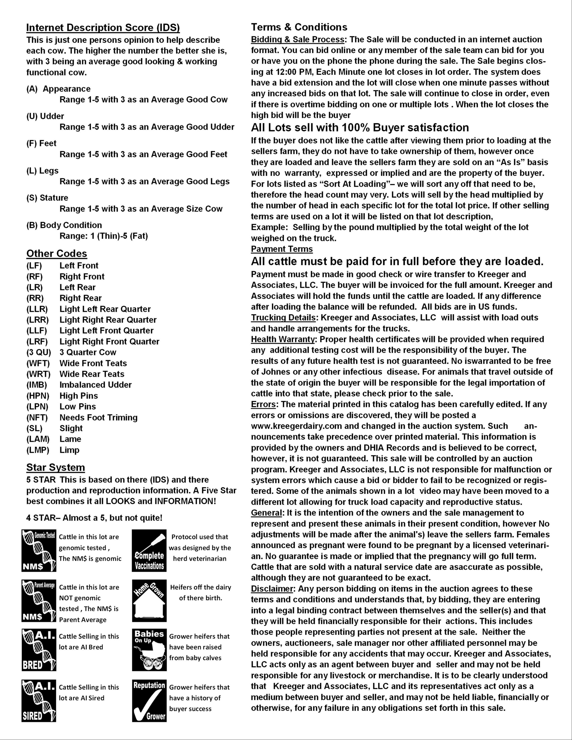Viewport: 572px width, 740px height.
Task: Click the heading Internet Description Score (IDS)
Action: pos(103,27)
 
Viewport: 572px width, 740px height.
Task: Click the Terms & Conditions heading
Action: pos(299,27)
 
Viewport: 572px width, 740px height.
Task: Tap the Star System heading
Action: pos(56,467)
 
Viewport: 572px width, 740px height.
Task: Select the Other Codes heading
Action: pos(57,253)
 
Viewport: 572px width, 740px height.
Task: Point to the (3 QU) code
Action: pos(39,352)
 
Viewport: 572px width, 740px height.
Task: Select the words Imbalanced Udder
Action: pos(96,385)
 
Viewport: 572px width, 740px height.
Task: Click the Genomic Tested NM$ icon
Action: pos(39,551)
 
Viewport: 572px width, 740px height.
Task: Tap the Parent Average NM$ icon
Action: pos(39,601)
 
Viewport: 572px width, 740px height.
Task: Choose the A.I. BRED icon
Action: pos(39,650)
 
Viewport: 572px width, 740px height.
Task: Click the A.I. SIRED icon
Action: pos(39,701)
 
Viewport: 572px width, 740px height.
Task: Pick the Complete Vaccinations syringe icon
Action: pos(149,551)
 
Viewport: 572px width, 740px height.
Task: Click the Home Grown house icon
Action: pos(149,601)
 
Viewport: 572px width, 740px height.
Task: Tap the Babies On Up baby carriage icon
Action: pos(149,650)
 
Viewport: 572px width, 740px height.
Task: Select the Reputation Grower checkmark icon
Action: pos(149,701)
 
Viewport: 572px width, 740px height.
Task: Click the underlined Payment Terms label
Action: pos(282,249)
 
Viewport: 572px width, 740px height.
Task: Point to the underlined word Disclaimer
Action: pos(272,589)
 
